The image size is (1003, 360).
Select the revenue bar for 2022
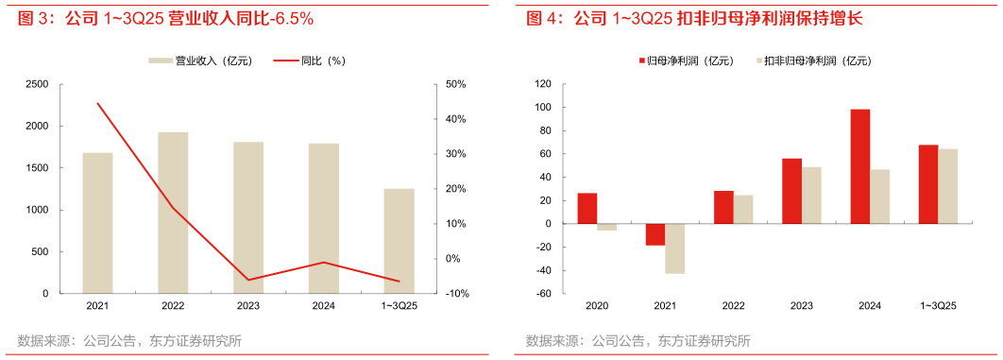(x=173, y=213)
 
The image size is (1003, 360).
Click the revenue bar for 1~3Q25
(x=399, y=241)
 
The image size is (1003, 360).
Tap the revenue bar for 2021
(x=97, y=223)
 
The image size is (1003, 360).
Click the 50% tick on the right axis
(x=455, y=84)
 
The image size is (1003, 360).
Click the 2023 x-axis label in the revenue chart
(x=248, y=306)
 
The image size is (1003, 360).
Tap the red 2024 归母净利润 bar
(x=859, y=166)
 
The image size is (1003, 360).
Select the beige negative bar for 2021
(x=674, y=249)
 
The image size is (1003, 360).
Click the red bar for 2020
(x=587, y=208)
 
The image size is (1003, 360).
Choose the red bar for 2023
(x=791, y=191)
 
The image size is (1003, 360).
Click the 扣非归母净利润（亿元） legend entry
(x=817, y=61)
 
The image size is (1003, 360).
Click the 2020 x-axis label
(x=597, y=306)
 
